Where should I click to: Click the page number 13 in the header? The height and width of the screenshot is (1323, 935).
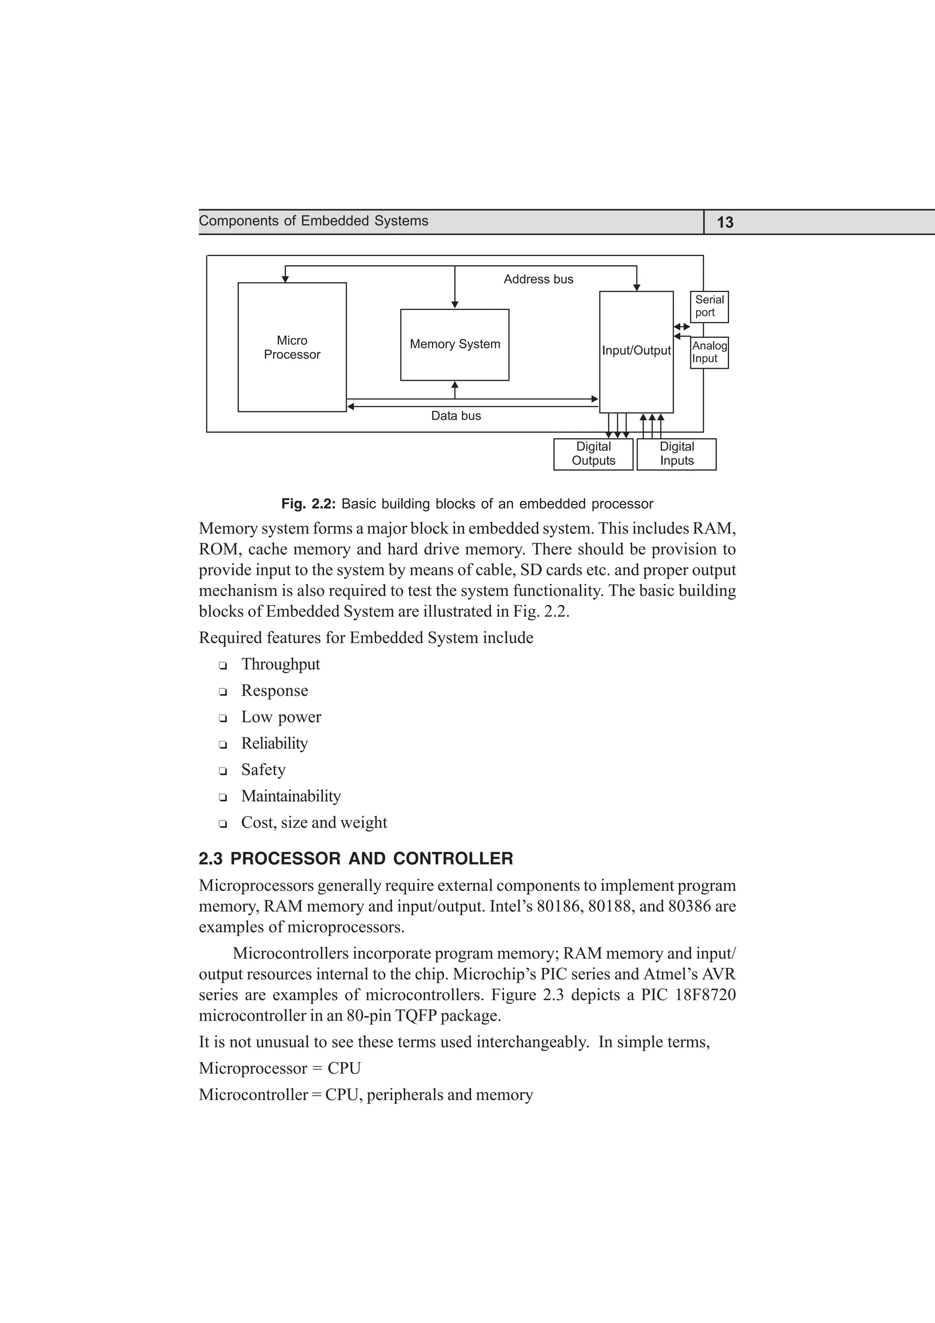pyautogui.click(x=725, y=222)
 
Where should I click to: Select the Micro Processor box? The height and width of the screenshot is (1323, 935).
pyautogui.click(x=292, y=347)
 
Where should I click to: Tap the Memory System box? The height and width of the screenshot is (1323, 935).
pyautogui.click(x=455, y=345)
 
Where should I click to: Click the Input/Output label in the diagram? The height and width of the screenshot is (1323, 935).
pyautogui.click(x=636, y=350)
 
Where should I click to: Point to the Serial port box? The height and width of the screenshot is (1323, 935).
pyautogui.click(x=709, y=306)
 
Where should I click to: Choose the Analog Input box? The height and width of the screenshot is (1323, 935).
pyautogui.click(x=709, y=352)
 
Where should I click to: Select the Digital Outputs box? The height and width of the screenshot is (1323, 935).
pyautogui.click(x=594, y=454)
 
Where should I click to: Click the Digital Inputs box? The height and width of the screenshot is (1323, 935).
pyautogui.click(x=677, y=454)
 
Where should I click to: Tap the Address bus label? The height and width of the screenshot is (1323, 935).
pyautogui.click(x=539, y=279)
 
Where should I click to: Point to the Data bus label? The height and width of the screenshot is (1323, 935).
pyautogui.click(x=456, y=416)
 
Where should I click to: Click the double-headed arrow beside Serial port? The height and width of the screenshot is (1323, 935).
pyautogui.click(x=682, y=327)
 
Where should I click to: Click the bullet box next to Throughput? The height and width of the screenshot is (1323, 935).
pyautogui.click(x=223, y=666)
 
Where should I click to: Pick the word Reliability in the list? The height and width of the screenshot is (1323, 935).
pyautogui.click(x=274, y=743)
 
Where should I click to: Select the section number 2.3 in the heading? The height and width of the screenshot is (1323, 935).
pyautogui.click(x=210, y=859)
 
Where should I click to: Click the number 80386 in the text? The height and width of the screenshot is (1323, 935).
pyautogui.click(x=688, y=906)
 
